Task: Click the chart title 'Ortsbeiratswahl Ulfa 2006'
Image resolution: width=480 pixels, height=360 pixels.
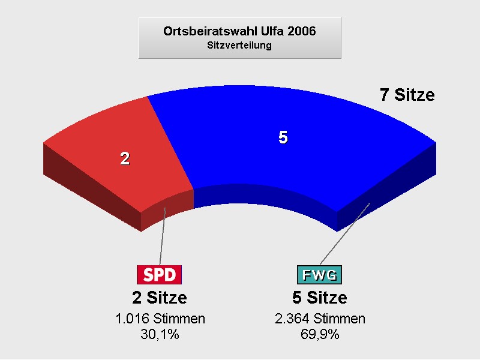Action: pos(239,31)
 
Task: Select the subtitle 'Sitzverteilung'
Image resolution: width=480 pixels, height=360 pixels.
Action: pos(239,46)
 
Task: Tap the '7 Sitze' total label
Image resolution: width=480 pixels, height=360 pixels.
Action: pos(407,95)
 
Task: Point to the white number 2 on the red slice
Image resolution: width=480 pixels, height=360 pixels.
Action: pos(125,158)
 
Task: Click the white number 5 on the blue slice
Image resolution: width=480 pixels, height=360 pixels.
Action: pos(283,137)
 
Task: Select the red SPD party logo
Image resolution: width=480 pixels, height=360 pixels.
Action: pos(159,275)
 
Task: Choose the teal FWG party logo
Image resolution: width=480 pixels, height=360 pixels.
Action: pos(319,275)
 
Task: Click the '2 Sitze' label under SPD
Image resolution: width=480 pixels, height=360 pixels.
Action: pos(160,298)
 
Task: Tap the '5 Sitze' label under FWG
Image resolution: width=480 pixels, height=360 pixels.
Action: pos(320,298)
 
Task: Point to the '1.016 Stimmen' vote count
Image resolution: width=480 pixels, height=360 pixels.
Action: pos(160,319)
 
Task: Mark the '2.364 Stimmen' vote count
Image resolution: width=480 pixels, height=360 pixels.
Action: pos(320,319)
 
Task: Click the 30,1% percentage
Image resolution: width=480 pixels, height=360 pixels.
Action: pos(160,334)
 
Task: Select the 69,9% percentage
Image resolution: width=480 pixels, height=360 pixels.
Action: pos(320,334)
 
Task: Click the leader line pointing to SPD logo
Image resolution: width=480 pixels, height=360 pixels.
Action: pos(163,236)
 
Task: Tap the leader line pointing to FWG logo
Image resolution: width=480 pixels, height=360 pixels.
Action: pos(345,233)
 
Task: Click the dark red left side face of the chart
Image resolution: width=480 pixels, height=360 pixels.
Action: pos(92,187)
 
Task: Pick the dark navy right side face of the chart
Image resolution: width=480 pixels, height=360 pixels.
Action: pos(386,187)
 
